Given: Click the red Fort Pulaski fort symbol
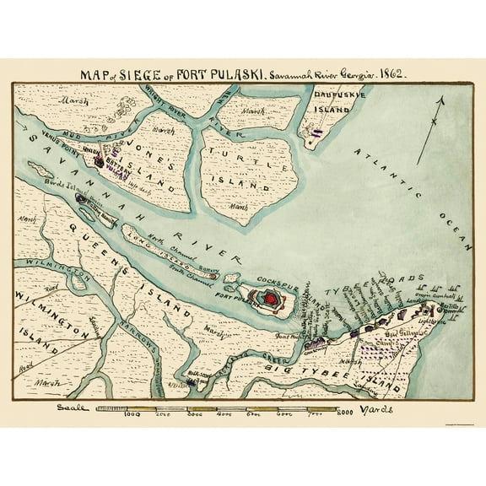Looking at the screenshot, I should click(x=272, y=298).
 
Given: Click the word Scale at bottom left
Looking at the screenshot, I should click(x=67, y=409).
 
